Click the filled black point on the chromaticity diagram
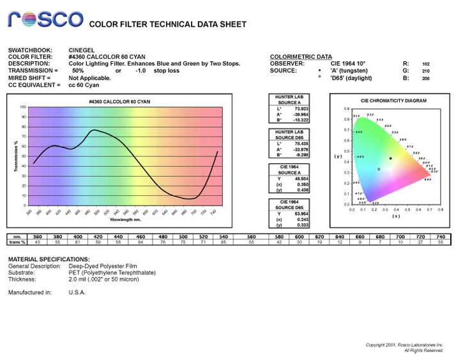click(390, 158)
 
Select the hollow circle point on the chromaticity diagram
click(379, 169)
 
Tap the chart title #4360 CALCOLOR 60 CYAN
click(119, 102)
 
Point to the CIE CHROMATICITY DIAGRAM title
click(393, 101)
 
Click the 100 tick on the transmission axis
click(22, 107)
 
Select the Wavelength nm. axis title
click(123, 219)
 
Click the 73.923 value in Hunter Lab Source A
click(301, 109)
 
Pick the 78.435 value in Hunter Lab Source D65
click(301, 144)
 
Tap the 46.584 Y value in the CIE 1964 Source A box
click(301, 179)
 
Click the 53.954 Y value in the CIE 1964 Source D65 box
click(301, 214)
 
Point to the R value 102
click(426, 64)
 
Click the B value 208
click(426, 79)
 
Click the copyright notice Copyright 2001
click(404, 345)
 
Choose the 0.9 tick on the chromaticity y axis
click(347, 109)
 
